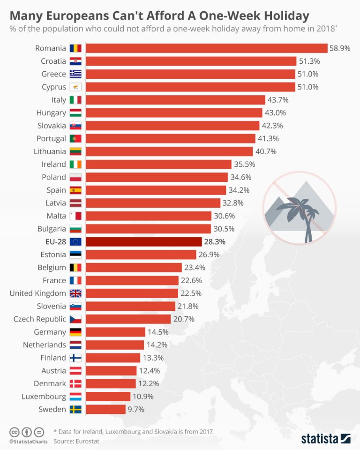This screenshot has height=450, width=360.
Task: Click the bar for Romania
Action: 206,48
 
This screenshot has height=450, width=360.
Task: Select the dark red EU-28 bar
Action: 143,242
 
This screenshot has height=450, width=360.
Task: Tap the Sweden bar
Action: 105,409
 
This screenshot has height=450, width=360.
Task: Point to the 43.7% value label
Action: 277,100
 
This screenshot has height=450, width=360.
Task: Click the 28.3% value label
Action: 215,242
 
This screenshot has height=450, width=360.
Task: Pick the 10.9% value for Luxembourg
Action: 142,397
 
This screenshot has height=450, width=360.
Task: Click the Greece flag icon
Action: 75,74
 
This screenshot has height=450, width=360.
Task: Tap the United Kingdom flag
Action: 75,293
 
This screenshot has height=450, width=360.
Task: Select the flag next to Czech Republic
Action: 75,319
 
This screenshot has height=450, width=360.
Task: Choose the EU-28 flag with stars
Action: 75,242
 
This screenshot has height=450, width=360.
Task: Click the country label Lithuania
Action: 50,151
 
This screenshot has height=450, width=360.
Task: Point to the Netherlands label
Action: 45,345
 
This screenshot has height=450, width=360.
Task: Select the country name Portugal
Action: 51,139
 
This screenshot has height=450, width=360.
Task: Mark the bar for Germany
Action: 115,332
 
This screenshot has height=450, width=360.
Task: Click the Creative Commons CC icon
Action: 14,431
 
